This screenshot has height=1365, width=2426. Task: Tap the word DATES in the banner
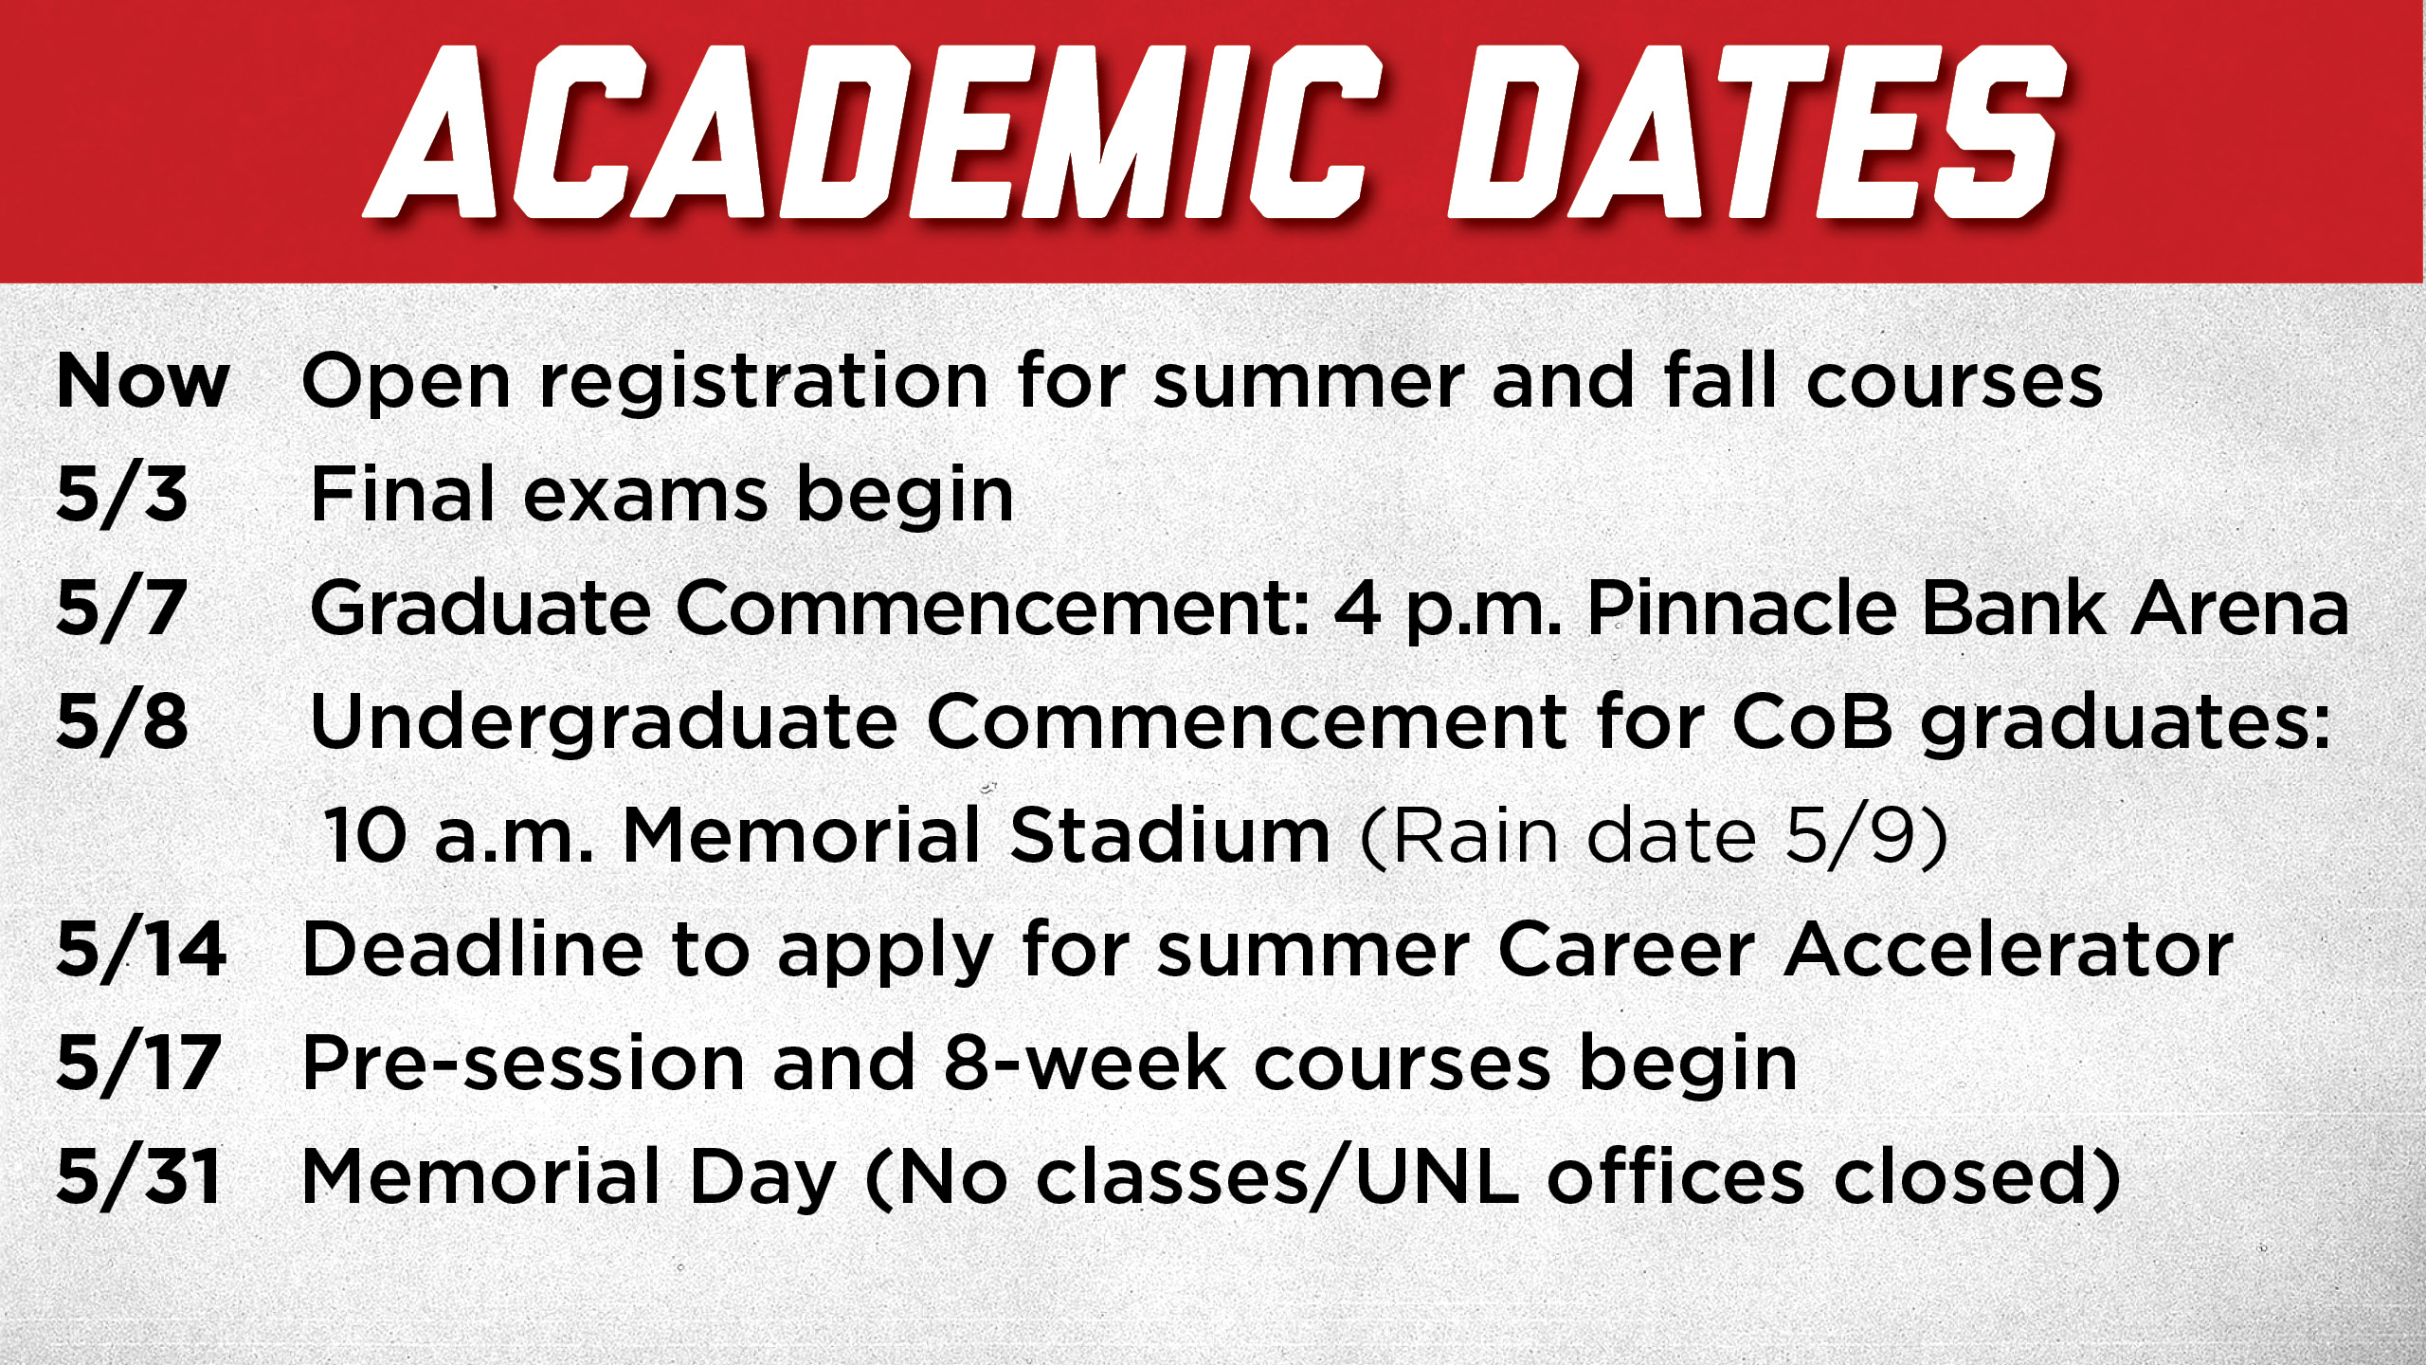(x=1757, y=133)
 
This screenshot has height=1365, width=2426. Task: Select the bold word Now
(x=143, y=381)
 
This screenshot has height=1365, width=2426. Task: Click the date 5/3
(x=122, y=495)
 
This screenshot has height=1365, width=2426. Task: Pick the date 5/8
(x=122, y=722)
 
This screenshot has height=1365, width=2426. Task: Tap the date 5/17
(x=139, y=1064)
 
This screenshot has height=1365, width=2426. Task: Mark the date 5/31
(x=139, y=1177)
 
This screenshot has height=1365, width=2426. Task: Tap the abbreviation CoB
(x=1812, y=722)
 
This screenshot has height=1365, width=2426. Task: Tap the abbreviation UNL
(x=1439, y=1177)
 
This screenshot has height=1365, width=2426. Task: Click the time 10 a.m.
(x=459, y=836)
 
